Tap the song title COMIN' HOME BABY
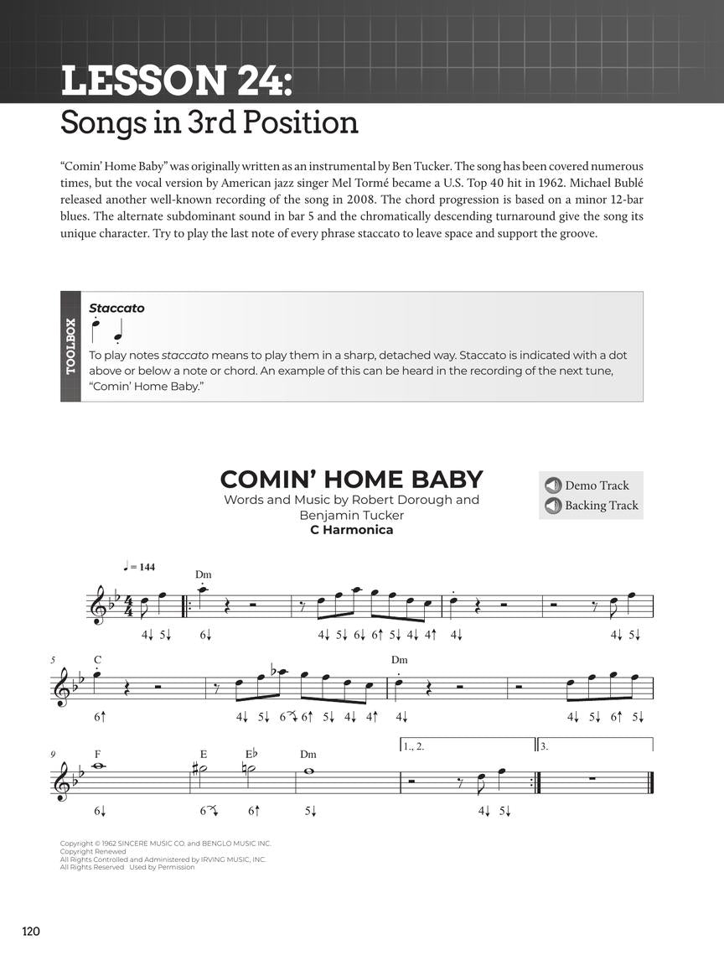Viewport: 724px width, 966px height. [x=351, y=479]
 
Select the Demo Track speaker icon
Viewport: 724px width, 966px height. [x=552, y=486]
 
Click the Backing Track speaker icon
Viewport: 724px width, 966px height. [x=552, y=506]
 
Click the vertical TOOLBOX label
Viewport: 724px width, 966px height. [x=70, y=346]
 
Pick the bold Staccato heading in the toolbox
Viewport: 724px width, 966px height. [x=116, y=308]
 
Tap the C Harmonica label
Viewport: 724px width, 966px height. [x=351, y=529]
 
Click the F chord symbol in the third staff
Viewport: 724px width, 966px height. [x=98, y=754]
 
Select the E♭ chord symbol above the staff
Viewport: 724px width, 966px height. [x=252, y=754]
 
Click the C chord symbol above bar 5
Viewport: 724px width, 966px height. [x=98, y=660]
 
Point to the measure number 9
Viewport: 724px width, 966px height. [x=53, y=754]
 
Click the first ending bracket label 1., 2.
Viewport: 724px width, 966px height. [x=414, y=745]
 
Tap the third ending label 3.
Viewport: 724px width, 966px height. [x=543, y=745]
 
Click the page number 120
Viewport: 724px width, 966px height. [x=31, y=931]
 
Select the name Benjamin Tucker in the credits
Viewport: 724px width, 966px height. [x=351, y=515]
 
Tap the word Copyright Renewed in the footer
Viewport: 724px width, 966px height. [x=92, y=851]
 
